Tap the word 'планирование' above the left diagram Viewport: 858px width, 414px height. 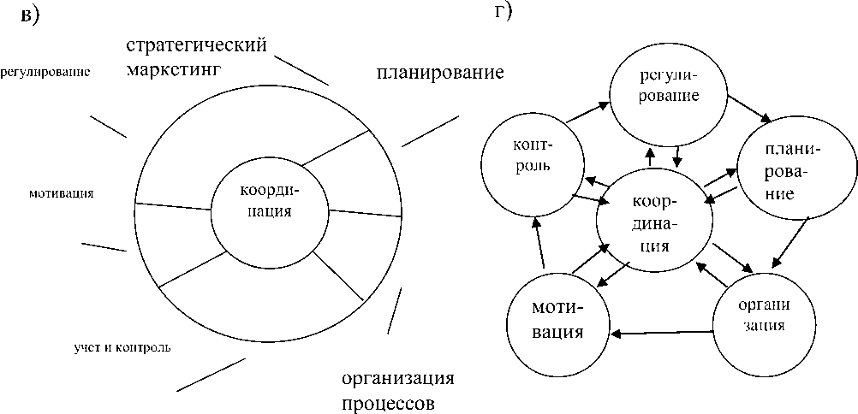439,71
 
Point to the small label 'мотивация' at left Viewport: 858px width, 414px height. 61,193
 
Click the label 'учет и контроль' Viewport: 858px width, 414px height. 122,347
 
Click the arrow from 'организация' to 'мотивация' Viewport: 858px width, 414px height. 662,332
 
